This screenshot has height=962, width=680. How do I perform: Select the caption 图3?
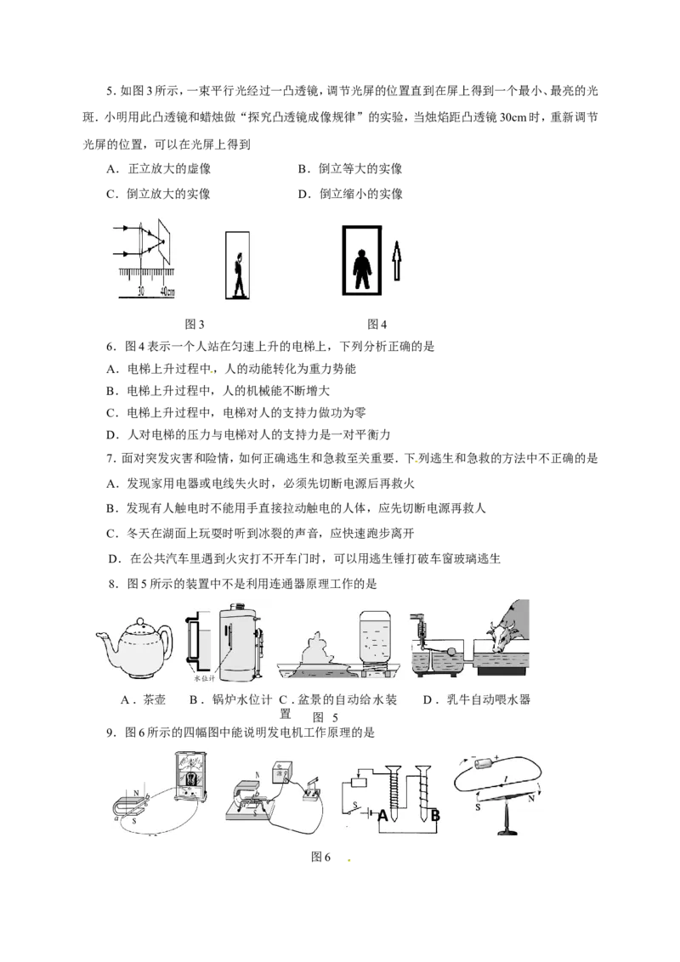(195, 325)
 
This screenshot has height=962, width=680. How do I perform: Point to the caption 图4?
(377, 325)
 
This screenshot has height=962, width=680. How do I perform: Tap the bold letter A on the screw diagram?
(383, 815)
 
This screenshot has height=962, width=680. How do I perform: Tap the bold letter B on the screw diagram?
(436, 815)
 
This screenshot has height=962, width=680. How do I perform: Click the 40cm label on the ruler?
(167, 292)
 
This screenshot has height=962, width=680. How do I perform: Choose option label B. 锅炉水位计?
(230, 699)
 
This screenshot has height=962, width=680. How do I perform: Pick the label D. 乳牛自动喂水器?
(477, 699)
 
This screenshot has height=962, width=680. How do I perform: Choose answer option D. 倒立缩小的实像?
(350, 194)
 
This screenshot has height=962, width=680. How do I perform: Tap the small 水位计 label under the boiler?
(204, 678)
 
